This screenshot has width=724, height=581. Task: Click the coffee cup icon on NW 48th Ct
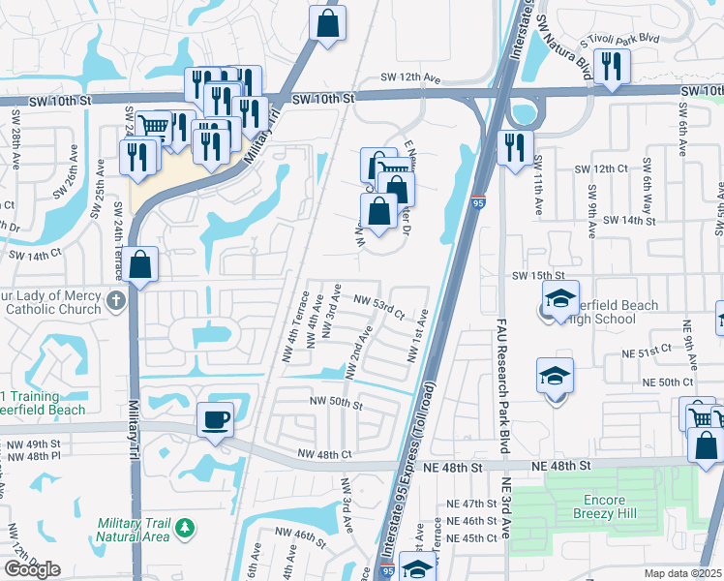point(215,419)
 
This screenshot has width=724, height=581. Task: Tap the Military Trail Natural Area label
point(133,530)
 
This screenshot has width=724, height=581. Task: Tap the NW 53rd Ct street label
point(378,306)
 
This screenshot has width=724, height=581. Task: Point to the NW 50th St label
point(335,402)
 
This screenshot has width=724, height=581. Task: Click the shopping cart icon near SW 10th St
point(153,125)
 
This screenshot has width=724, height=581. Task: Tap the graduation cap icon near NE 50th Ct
point(555,375)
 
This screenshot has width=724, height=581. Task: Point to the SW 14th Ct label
point(35,255)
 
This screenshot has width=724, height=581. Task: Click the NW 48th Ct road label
point(324,453)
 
